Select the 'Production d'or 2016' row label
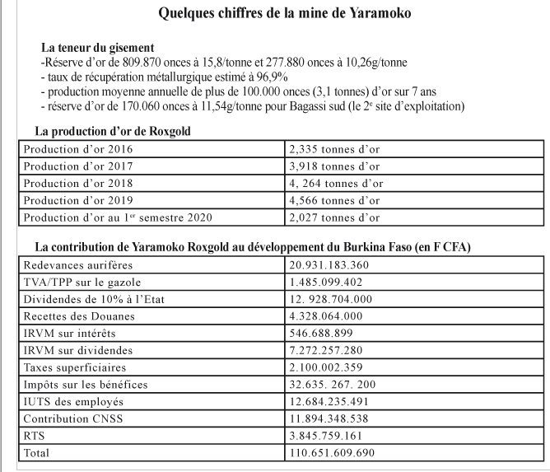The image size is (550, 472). click(x=78, y=150)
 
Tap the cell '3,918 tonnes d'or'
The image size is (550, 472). click(x=333, y=166)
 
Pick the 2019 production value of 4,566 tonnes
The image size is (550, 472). click(x=333, y=200)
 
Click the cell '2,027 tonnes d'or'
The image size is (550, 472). click(x=333, y=217)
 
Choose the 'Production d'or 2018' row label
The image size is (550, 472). click(x=78, y=184)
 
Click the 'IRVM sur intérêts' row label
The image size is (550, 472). click(x=70, y=333)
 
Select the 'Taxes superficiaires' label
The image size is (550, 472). click(x=75, y=367)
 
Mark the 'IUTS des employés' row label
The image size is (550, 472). click(x=73, y=401)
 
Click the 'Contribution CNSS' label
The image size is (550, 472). click(x=72, y=418)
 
